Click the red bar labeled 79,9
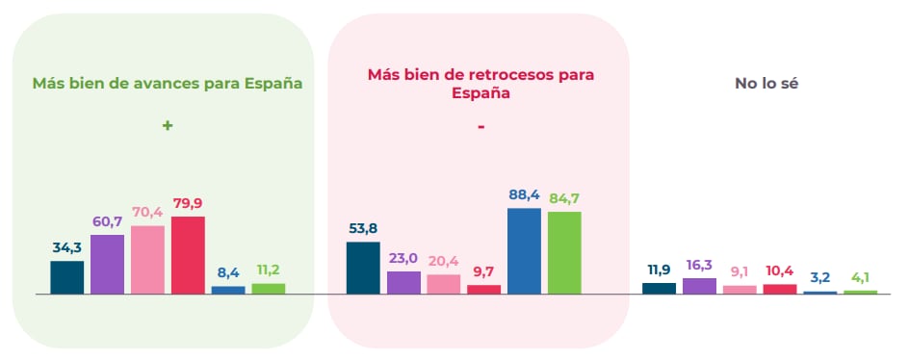tap(188, 255)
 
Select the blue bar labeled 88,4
tap(524, 250)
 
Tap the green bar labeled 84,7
tap(564, 252)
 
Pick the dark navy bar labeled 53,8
tap(362, 268)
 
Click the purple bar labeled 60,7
tap(107, 264)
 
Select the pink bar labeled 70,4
tap(147, 260)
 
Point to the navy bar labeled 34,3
tap(66, 277)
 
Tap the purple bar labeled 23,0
tap(403, 282)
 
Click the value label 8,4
tap(228, 271)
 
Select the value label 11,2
tap(269, 270)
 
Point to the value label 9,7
tap(483, 270)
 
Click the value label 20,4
tap(443, 260)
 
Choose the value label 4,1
tap(860, 277)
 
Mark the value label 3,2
tap(819, 277)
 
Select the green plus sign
tap(167, 125)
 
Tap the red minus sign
tap(480, 126)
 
